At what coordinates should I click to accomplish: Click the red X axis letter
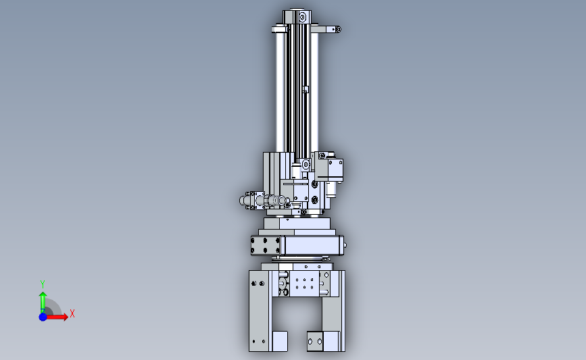pos(72,313)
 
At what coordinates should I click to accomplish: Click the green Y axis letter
pos(43,284)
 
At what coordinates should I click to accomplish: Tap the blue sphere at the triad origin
pos(43,317)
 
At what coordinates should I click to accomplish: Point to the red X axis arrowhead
pos(66,317)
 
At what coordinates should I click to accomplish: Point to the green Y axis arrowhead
pos(43,296)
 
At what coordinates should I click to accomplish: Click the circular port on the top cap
pos(302,17)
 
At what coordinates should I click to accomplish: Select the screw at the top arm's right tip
pos(338,29)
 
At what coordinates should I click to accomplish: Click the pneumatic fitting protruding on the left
pos(264,201)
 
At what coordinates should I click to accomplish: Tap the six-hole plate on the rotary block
pos(266,245)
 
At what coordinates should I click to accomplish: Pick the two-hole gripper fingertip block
pos(315,341)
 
